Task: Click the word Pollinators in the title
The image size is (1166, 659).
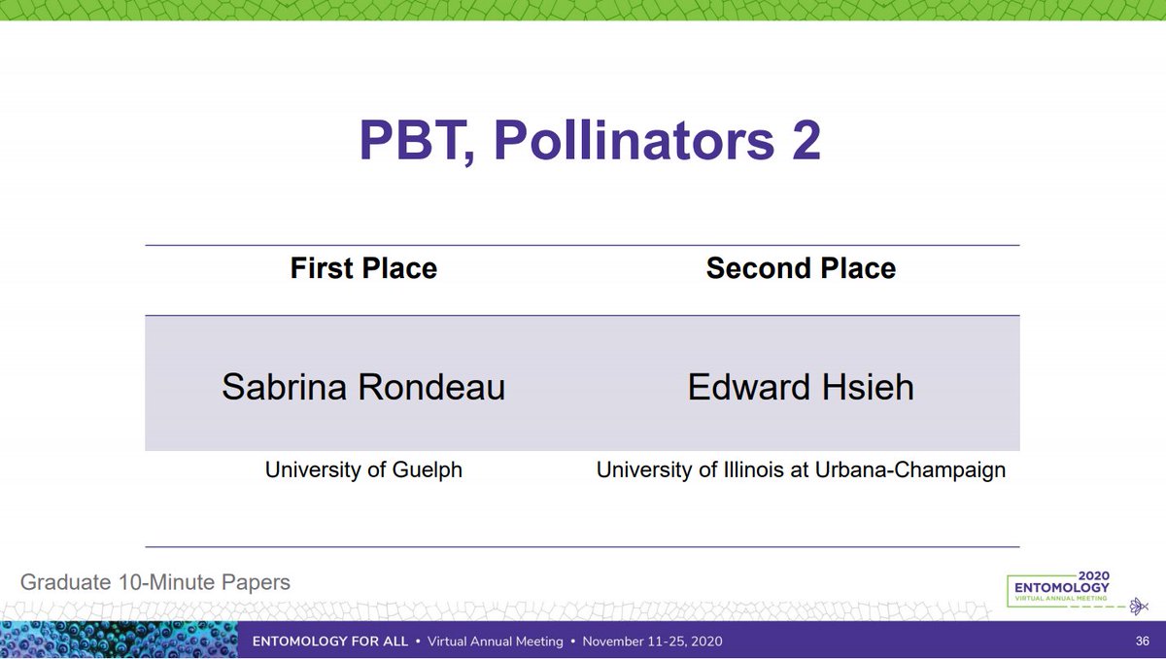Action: click(x=632, y=141)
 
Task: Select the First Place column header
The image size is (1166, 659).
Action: click(x=363, y=268)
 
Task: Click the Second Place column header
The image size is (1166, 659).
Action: click(x=801, y=268)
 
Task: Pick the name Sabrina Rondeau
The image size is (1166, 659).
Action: click(x=363, y=387)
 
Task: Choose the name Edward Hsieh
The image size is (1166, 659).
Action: click(x=801, y=387)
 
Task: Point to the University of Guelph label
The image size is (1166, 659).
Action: click(x=363, y=470)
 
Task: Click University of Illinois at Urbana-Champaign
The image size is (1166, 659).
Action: click(x=801, y=470)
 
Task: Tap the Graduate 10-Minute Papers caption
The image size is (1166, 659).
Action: click(x=155, y=583)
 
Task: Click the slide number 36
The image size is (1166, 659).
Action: click(x=1143, y=642)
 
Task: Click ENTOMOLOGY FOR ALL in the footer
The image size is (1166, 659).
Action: click(x=327, y=642)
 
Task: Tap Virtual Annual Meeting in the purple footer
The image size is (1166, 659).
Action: click(x=495, y=642)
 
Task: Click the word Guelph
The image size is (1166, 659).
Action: click(x=428, y=470)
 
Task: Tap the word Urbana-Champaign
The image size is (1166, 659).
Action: click(x=925, y=470)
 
